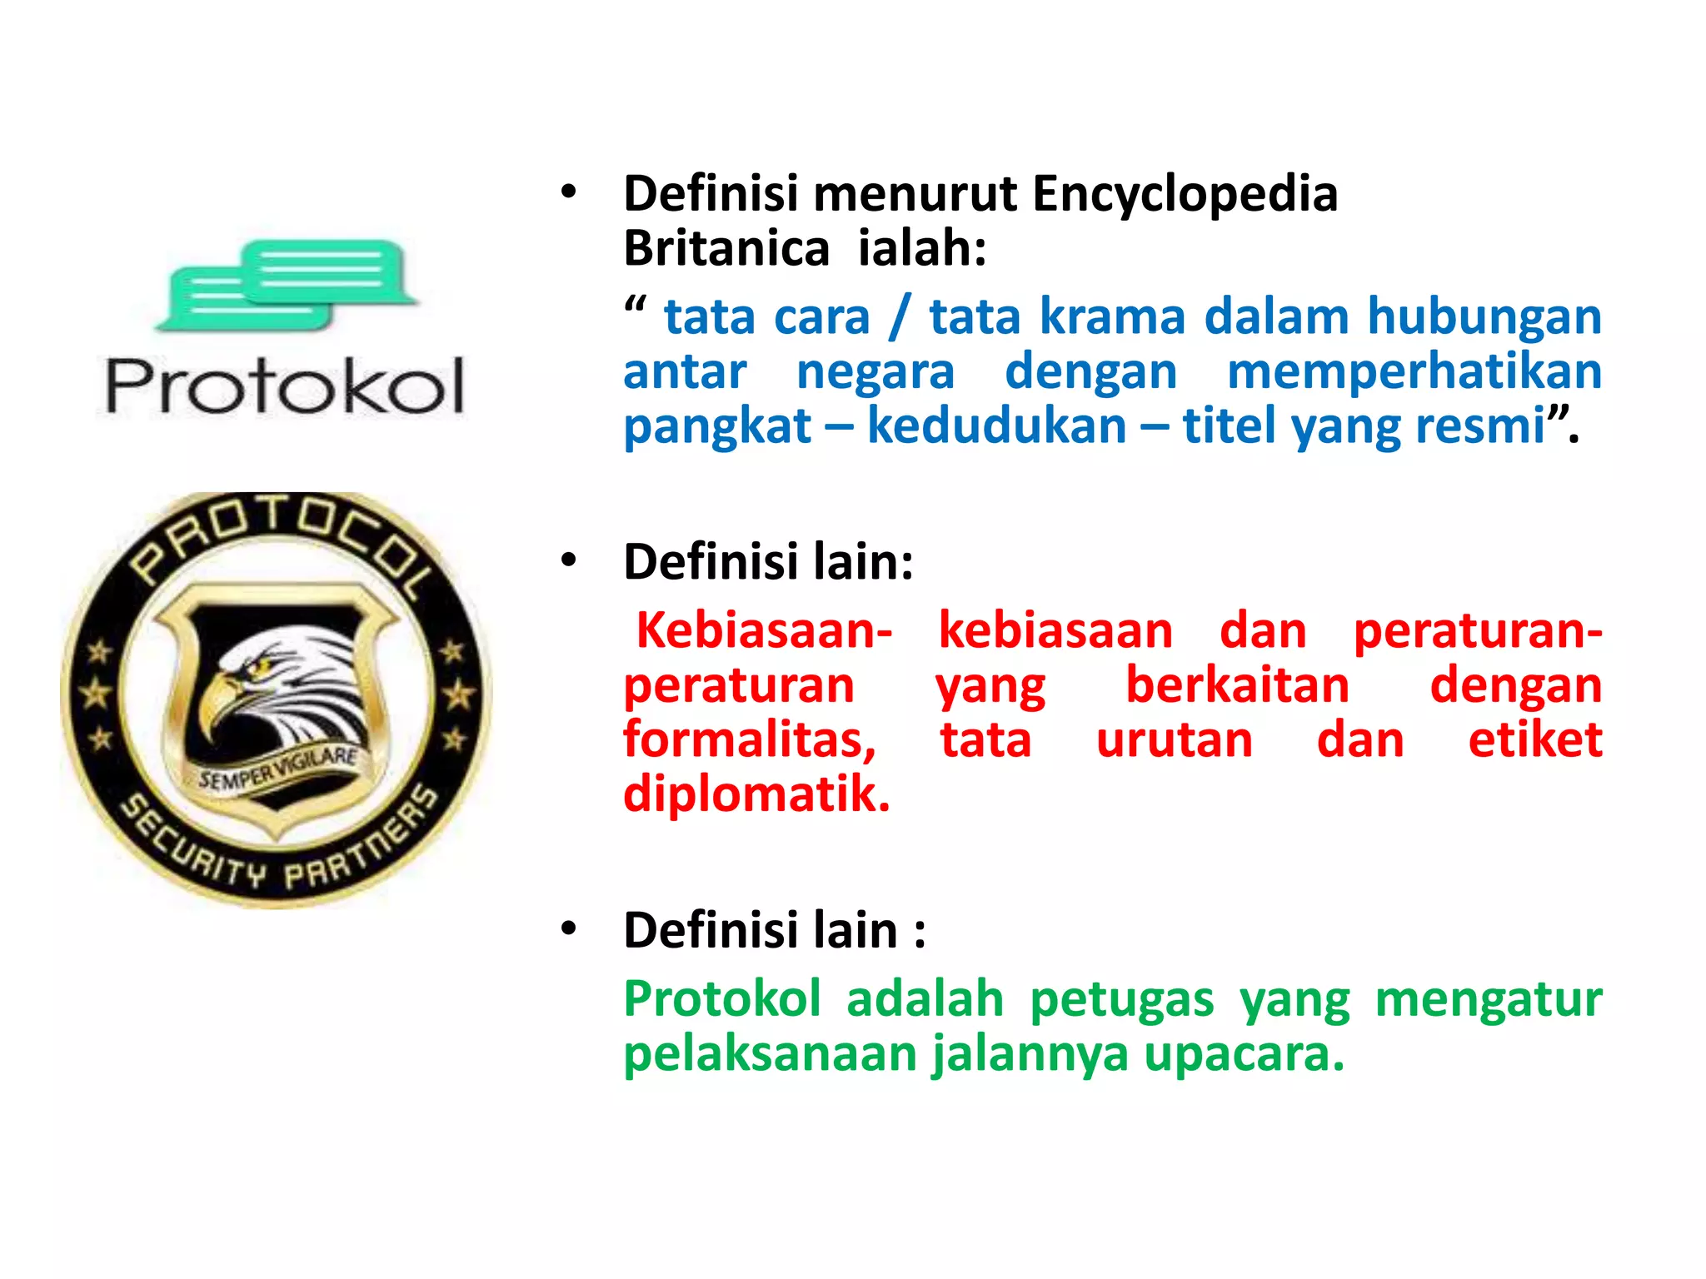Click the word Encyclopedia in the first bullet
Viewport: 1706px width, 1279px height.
click(1185, 195)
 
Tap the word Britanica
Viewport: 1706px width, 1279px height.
click(726, 249)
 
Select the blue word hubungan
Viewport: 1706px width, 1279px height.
click(1484, 317)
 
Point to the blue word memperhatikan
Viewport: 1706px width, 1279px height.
click(1414, 371)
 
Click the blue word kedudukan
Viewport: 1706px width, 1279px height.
click(997, 426)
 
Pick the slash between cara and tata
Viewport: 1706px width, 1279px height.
click(899, 317)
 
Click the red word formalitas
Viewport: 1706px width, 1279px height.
click(750, 740)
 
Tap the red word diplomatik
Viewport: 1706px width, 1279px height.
click(756, 794)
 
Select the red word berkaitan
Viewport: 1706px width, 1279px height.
click(1237, 686)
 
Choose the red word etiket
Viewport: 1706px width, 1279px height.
click(1534, 740)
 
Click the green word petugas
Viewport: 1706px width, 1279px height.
click(1121, 999)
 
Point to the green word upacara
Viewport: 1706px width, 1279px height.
click(1244, 1054)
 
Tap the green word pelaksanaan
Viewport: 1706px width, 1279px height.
click(769, 1054)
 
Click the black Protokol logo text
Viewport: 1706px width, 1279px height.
click(284, 386)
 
